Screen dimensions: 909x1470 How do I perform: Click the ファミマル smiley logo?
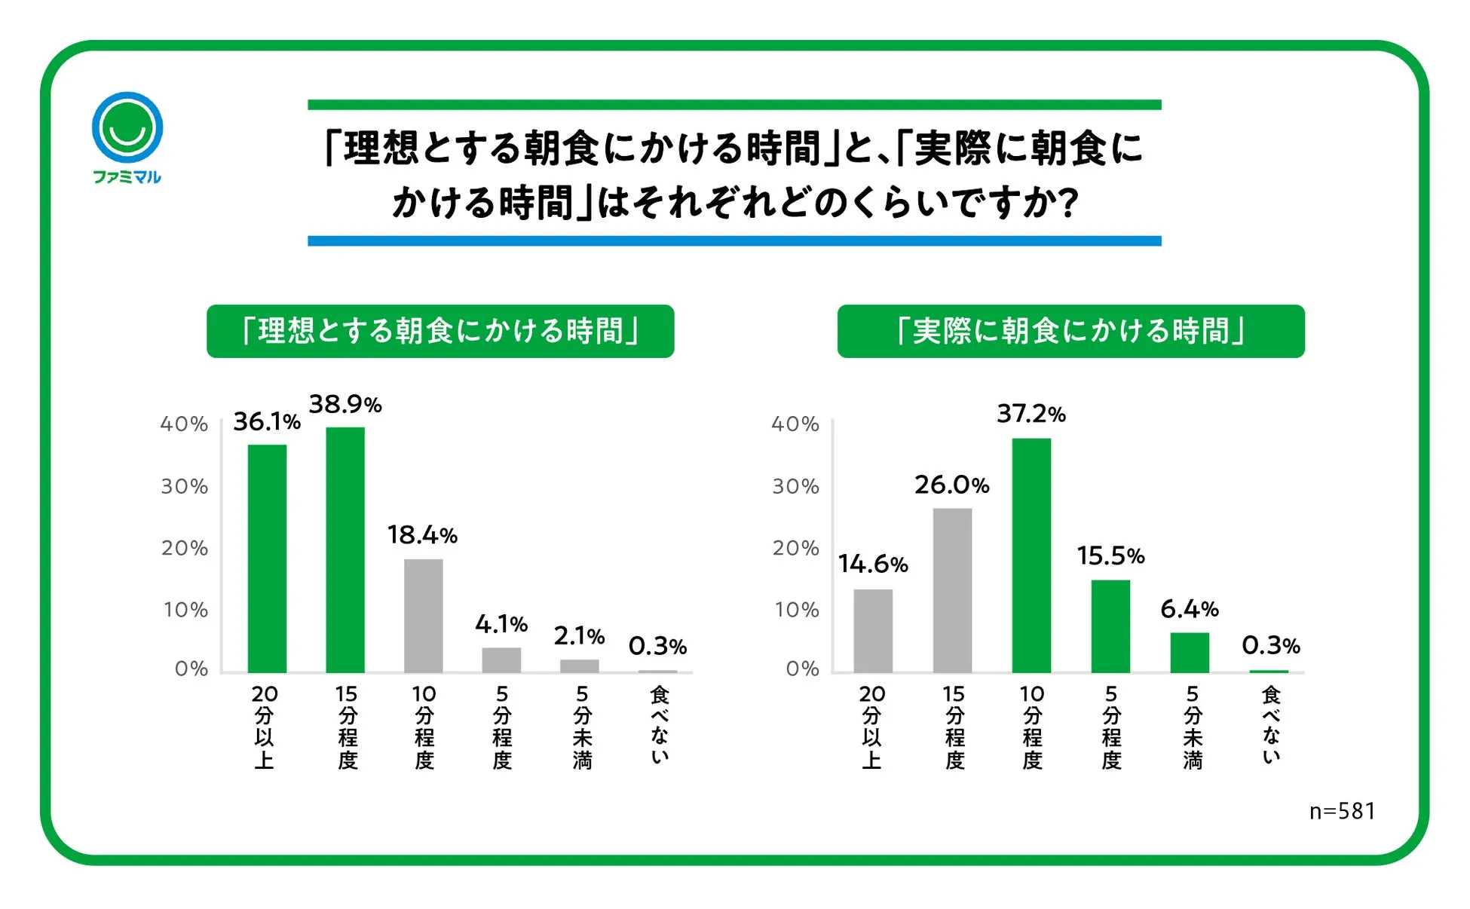(x=127, y=128)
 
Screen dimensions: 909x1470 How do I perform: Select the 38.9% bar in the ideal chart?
(x=345, y=549)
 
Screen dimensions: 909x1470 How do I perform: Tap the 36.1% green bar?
(x=267, y=559)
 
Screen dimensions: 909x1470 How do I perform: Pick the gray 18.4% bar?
(x=424, y=616)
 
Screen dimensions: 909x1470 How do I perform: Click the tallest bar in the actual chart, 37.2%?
(x=1031, y=555)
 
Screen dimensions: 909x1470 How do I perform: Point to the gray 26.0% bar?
(x=952, y=590)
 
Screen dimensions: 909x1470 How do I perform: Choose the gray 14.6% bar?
(x=873, y=631)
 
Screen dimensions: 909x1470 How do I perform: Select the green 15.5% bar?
(x=1110, y=626)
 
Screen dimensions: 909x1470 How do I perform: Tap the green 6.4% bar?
(x=1190, y=653)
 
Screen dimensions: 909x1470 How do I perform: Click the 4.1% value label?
(x=501, y=624)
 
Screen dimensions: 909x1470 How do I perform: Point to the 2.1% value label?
(x=579, y=636)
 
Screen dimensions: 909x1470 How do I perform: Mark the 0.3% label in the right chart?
(x=1271, y=645)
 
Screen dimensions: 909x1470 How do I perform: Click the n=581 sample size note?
(x=1342, y=811)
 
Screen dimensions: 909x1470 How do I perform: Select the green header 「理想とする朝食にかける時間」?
(x=440, y=331)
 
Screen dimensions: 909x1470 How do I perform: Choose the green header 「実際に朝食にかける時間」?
(x=1070, y=331)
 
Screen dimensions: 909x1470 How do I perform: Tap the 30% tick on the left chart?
(x=185, y=486)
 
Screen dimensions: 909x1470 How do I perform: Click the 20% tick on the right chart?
(x=796, y=548)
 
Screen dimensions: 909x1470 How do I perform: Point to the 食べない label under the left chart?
(x=660, y=725)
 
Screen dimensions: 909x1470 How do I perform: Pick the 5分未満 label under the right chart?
(x=1192, y=727)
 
